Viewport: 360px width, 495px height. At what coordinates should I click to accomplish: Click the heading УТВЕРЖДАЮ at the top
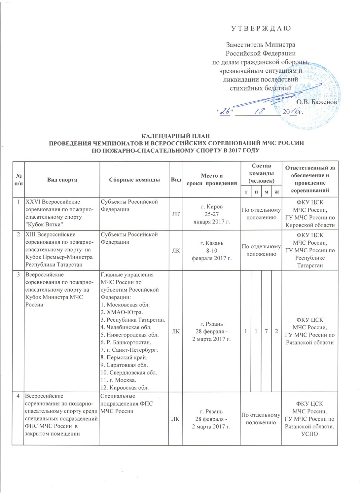(x=261, y=28)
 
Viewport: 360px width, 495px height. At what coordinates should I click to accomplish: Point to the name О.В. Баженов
(x=316, y=102)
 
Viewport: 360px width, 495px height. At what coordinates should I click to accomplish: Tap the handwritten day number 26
(x=226, y=112)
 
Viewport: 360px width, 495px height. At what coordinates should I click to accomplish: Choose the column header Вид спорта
(x=62, y=180)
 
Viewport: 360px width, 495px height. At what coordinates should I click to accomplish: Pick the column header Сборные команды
(x=134, y=180)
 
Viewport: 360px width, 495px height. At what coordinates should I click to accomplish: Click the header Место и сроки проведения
(x=212, y=180)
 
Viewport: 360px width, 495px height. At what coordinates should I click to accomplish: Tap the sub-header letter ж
(x=276, y=192)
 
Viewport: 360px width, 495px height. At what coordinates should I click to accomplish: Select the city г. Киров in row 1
(x=212, y=207)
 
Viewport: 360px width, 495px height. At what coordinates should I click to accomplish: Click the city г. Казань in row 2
(x=212, y=243)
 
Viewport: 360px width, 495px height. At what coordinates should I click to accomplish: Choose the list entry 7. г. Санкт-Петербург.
(x=129, y=350)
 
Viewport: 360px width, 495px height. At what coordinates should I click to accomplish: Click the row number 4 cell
(x=18, y=396)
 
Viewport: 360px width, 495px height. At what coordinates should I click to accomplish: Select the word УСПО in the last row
(x=309, y=434)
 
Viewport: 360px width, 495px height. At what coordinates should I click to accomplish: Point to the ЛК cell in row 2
(x=176, y=251)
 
